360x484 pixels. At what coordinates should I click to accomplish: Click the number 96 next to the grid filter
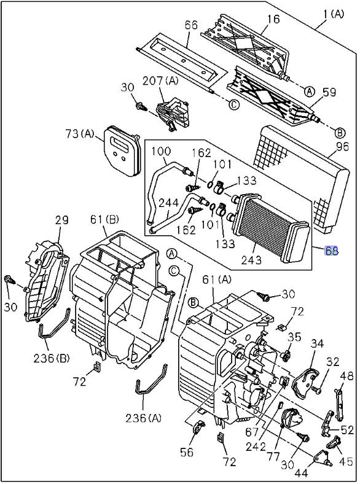[x=342, y=146]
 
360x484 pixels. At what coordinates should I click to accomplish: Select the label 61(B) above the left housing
[x=104, y=219]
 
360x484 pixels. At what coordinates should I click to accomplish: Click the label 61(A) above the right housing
[x=217, y=279]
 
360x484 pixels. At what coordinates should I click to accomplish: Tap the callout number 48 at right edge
[x=348, y=375]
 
